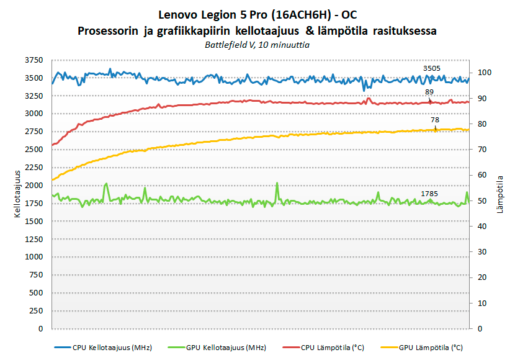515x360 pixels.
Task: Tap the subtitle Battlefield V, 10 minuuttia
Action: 257,45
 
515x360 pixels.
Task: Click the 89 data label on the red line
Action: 429,92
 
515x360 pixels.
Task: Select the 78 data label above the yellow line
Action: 435,120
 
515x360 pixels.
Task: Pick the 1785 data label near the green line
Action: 429,194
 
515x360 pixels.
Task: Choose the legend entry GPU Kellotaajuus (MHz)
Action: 221,347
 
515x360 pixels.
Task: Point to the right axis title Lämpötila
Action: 500,194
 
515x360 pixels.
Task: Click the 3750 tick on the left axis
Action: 35,60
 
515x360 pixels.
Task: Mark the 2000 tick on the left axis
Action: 35,186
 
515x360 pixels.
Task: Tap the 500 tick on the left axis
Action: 37,292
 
